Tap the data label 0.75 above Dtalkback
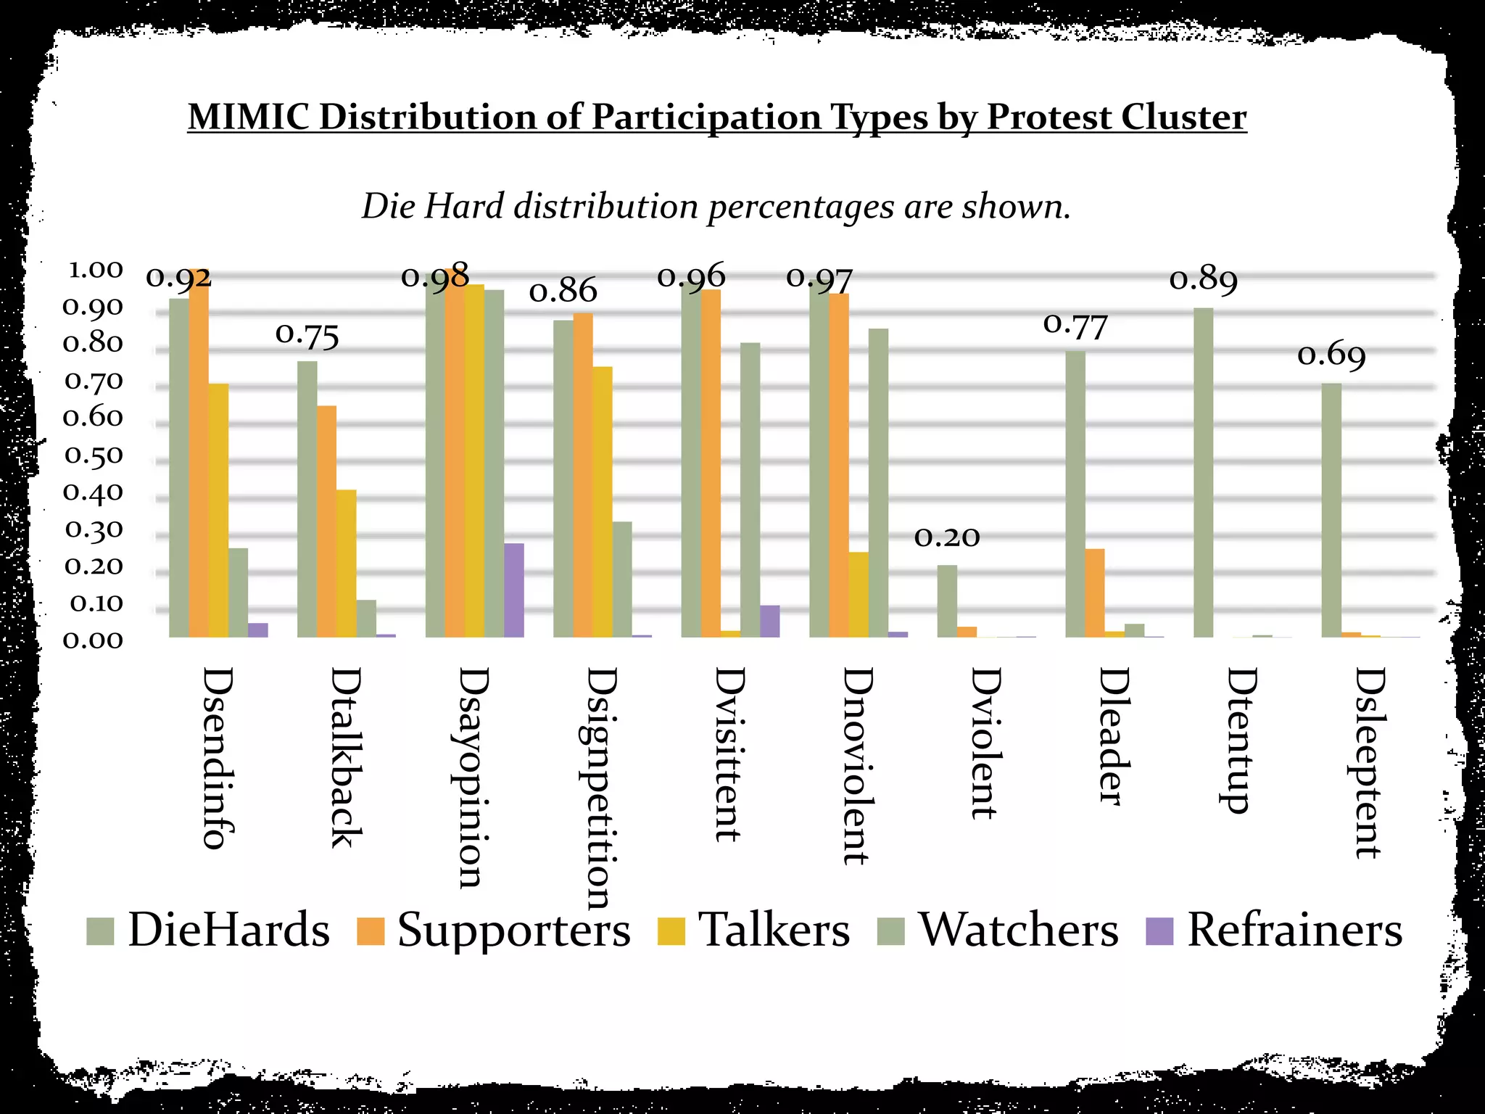(x=307, y=336)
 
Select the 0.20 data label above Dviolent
(x=947, y=537)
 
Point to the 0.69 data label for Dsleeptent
(x=1331, y=355)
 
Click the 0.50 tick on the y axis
(x=94, y=455)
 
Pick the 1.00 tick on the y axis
(x=95, y=270)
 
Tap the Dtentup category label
(x=1242, y=740)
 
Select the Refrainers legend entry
(x=1274, y=930)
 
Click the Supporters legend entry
(x=494, y=930)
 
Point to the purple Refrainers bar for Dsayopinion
(x=513, y=590)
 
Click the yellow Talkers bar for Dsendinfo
(x=218, y=511)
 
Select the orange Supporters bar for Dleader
(x=1095, y=593)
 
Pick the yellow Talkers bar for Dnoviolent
(x=859, y=595)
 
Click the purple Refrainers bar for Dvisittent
(x=769, y=622)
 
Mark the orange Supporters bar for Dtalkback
(x=326, y=521)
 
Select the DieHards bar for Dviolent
(x=947, y=601)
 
